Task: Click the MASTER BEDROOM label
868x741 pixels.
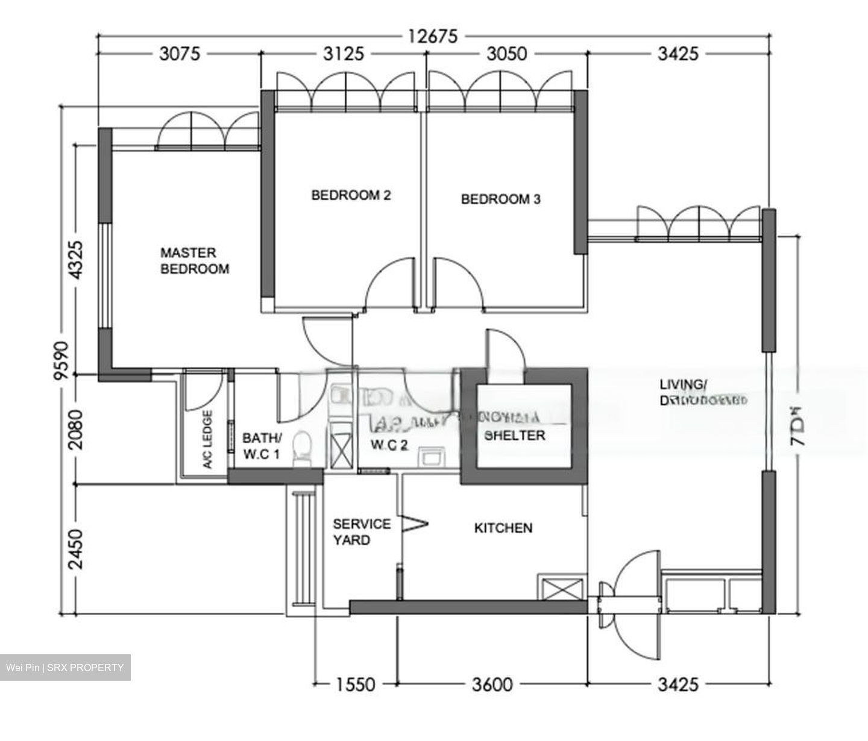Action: (195, 261)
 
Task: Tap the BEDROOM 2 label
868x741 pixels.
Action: (351, 195)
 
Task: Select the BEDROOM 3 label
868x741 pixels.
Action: (500, 199)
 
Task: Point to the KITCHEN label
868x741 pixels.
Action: (503, 528)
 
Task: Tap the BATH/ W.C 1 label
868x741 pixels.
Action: (262, 446)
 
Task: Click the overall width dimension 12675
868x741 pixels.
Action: (432, 36)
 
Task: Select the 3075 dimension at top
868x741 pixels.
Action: (179, 54)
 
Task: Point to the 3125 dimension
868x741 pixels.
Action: (344, 54)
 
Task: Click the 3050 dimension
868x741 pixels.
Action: (506, 54)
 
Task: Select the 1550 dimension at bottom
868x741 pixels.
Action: (356, 684)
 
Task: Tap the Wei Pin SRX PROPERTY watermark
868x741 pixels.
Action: (65, 668)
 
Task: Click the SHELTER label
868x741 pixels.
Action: (515, 435)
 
